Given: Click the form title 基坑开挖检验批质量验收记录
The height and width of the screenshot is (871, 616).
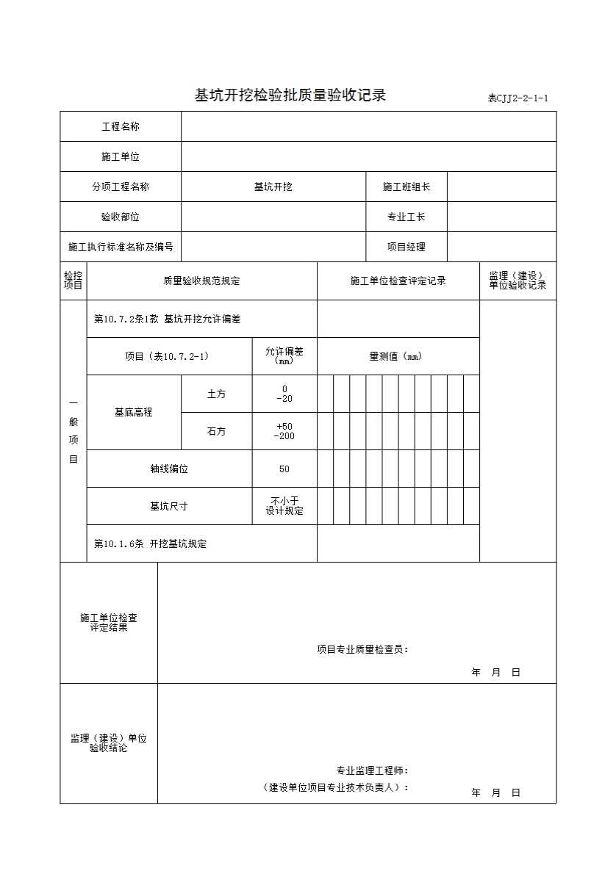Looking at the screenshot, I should pos(290,95).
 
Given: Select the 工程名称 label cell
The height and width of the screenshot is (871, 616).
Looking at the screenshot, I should pos(121,127).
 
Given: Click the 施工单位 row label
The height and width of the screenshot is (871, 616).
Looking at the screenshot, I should pos(121,157).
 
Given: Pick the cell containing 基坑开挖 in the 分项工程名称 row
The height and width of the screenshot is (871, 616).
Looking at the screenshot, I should pos(273,187).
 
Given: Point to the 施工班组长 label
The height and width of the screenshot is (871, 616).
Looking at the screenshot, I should pos(407,187).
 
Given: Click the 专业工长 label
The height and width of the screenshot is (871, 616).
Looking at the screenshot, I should pos(407,217).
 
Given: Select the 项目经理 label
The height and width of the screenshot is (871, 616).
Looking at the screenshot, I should pos(407,247).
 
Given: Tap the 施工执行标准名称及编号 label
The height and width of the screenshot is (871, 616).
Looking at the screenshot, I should pos(121,247).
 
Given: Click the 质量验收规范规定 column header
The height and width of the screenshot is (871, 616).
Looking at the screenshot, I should pos(201,281).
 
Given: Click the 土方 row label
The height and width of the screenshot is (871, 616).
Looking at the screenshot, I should pos(216,394).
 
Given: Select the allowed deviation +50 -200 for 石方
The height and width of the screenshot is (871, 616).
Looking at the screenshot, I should pos(284,432).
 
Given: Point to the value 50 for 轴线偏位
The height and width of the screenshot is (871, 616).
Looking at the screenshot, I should pos(284,469).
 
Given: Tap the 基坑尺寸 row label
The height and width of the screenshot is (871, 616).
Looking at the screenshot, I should pos(169,507).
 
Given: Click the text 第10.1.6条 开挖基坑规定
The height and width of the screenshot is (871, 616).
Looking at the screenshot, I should pos(151,544).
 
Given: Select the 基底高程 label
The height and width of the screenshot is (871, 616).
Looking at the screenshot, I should pos(134,413).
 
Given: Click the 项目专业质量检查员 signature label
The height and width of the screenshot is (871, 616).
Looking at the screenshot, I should pos(362,649).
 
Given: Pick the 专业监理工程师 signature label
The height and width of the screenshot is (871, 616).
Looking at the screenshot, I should pos(372,771).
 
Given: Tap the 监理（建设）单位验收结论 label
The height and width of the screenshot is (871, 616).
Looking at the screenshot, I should pos(109,743).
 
